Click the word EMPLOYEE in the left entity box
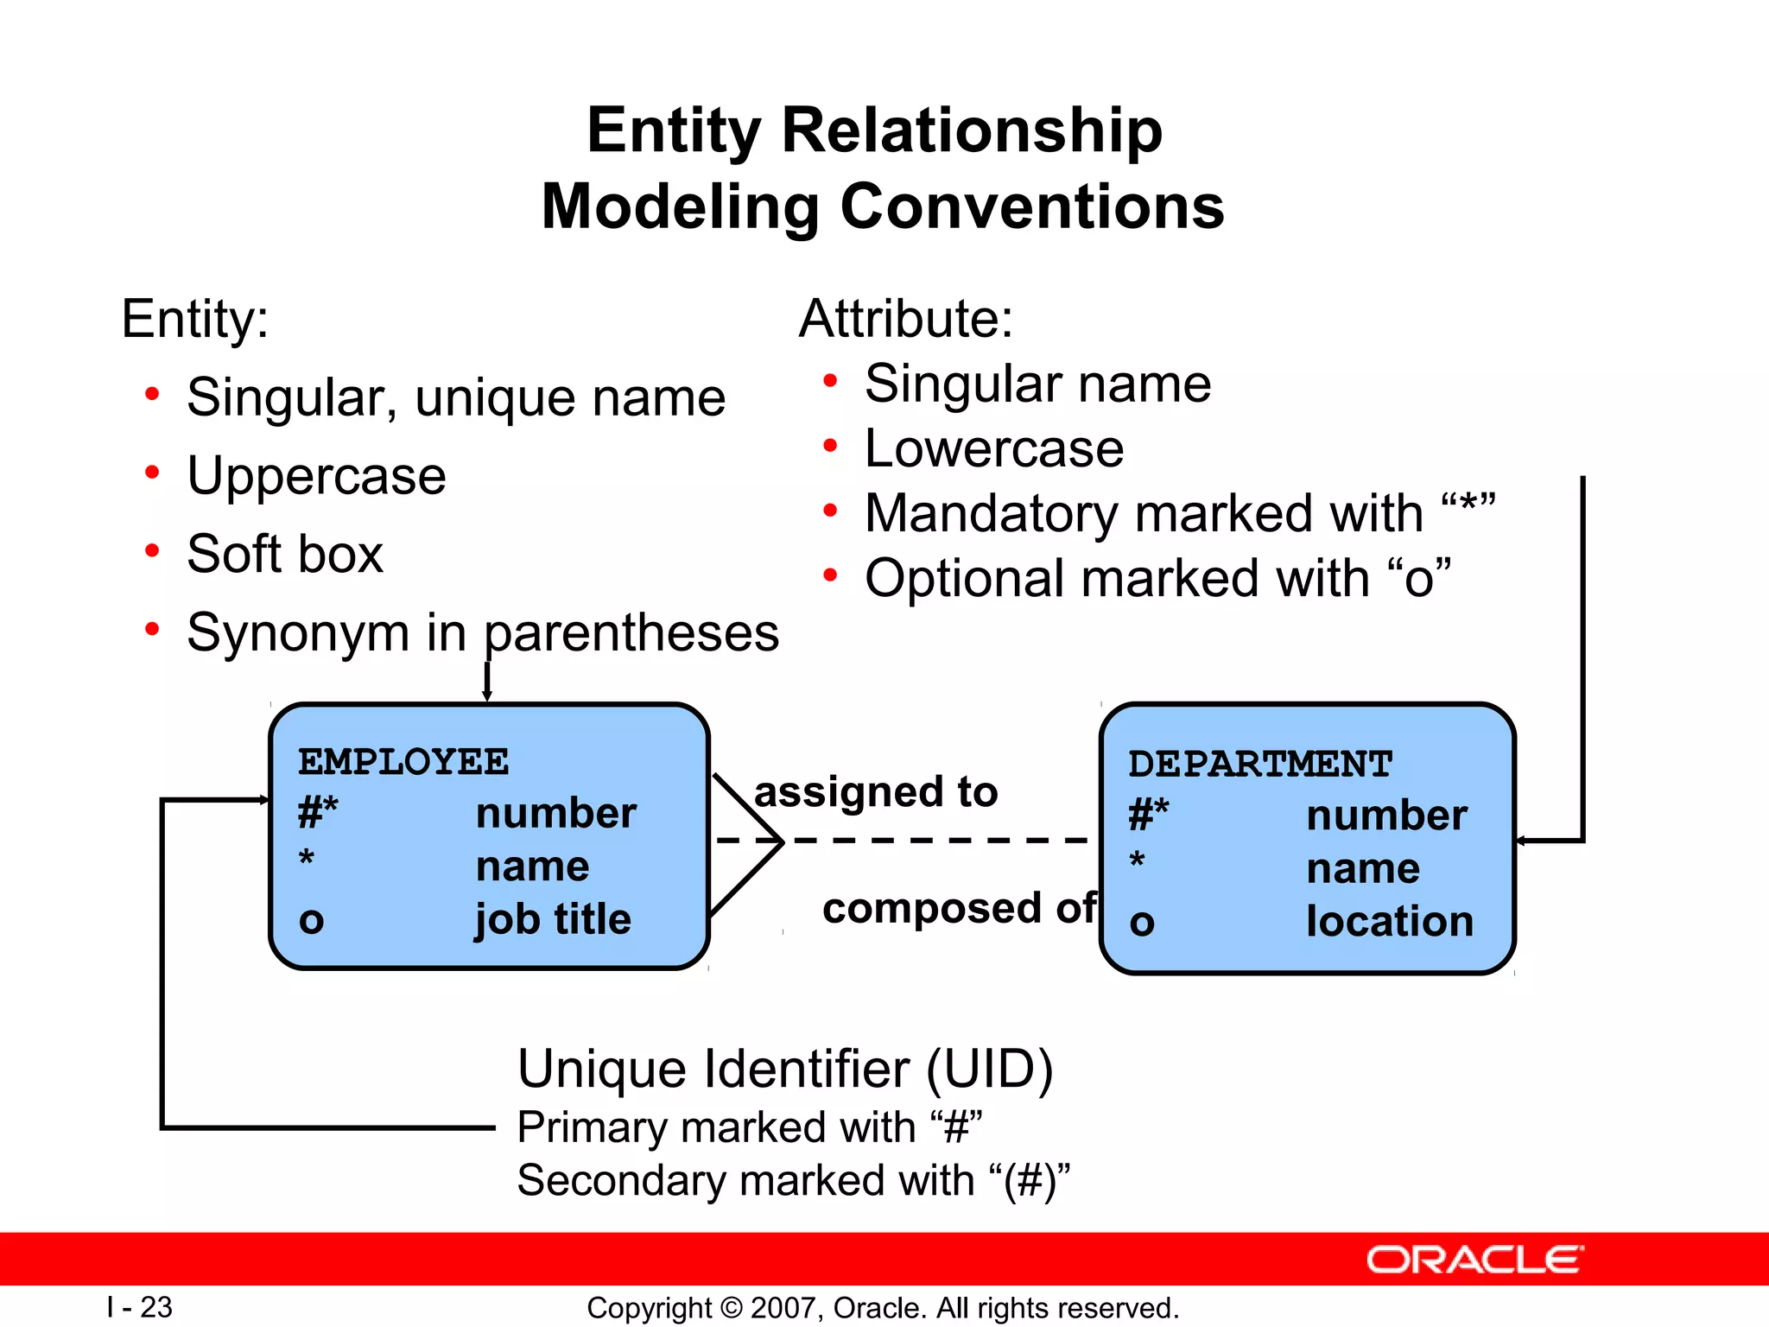pyautogui.click(x=403, y=762)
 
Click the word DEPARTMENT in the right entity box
pyautogui.click(x=1260, y=765)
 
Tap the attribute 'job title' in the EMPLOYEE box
pyautogui.click(x=553, y=919)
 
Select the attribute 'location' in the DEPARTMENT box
pyautogui.click(x=1389, y=921)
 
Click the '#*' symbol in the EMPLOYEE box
pyautogui.click(x=317, y=813)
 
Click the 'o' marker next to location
pyautogui.click(x=1141, y=923)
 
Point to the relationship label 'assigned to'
pyautogui.click(x=876, y=791)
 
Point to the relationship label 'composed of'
pyautogui.click(x=959, y=908)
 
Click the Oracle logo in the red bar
pyautogui.click(x=1474, y=1260)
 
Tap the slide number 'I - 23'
pyautogui.click(x=140, y=1307)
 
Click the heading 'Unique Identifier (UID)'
pyautogui.click(x=784, y=1069)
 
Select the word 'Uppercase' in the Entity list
pyautogui.click(x=316, y=475)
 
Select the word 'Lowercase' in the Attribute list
pyautogui.click(x=993, y=448)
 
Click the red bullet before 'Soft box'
pyautogui.click(x=152, y=550)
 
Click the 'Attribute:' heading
pyautogui.click(x=905, y=318)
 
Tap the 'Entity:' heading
pyautogui.click(x=194, y=319)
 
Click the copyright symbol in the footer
pyautogui.click(x=731, y=1308)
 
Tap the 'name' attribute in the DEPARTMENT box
pyautogui.click(x=1362, y=868)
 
